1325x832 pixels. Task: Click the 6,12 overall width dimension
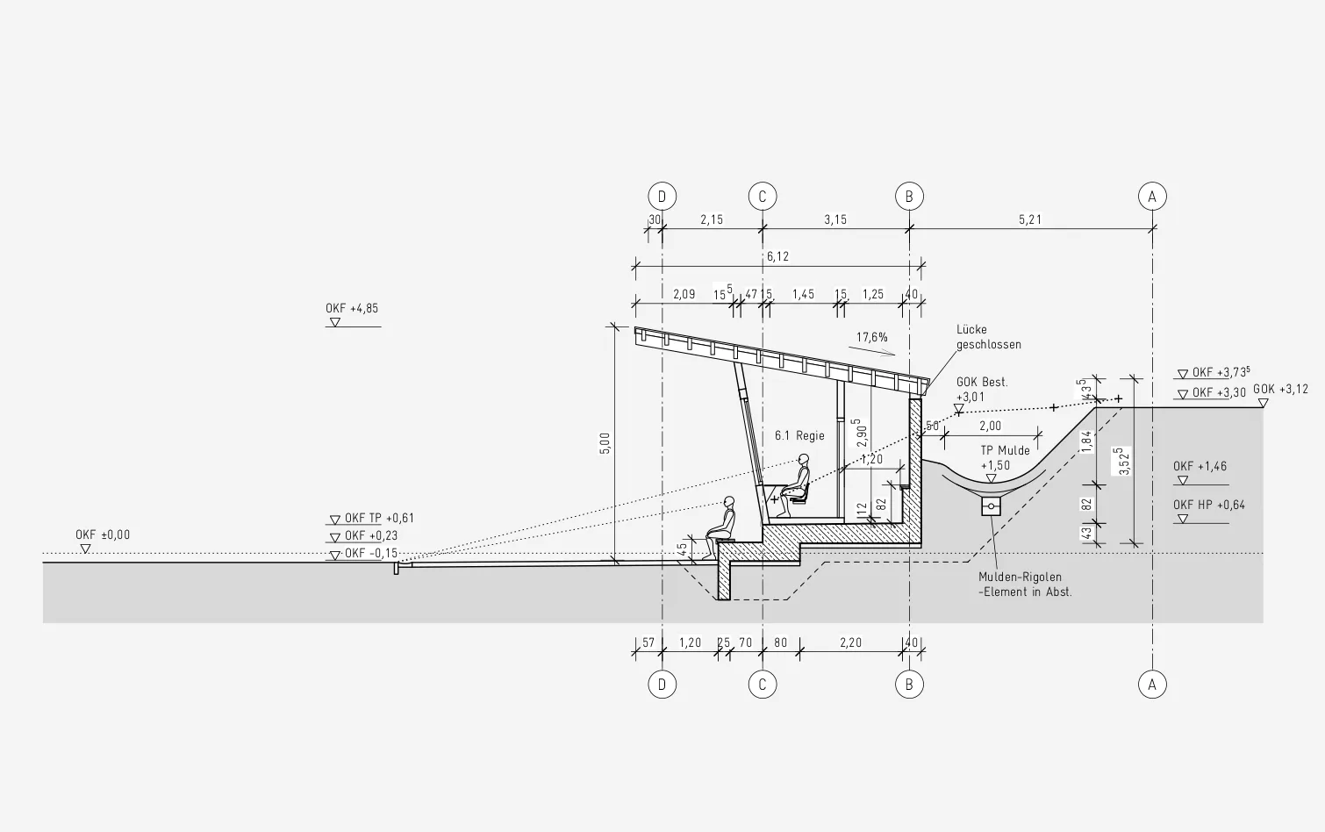click(x=777, y=257)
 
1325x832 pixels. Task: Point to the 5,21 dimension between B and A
click(x=1030, y=219)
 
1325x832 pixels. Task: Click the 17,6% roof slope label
click(x=872, y=337)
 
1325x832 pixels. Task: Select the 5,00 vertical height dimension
click(x=605, y=443)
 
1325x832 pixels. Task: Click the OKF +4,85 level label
click(x=352, y=308)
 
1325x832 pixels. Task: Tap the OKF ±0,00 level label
click(x=103, y=535)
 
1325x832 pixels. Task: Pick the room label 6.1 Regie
click(x=799, y=435)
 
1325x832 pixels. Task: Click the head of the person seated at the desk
click(x=803, y=459)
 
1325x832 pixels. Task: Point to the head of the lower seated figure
click(x=728, y=501)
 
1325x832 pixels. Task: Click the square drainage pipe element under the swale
click(x=991, y=506)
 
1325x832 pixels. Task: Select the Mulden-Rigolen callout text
click(x=1025, y=584)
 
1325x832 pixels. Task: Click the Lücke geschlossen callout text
click(x=988, y=337)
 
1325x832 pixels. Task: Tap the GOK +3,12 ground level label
click(x=1280, y=390)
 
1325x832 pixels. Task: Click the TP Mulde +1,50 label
click(x=1005, y=458)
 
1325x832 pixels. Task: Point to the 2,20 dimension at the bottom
click(x=850, y=642)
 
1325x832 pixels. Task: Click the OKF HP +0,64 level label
click(x=1209, y=505)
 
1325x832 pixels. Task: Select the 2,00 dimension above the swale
click(x=990, y=426)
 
